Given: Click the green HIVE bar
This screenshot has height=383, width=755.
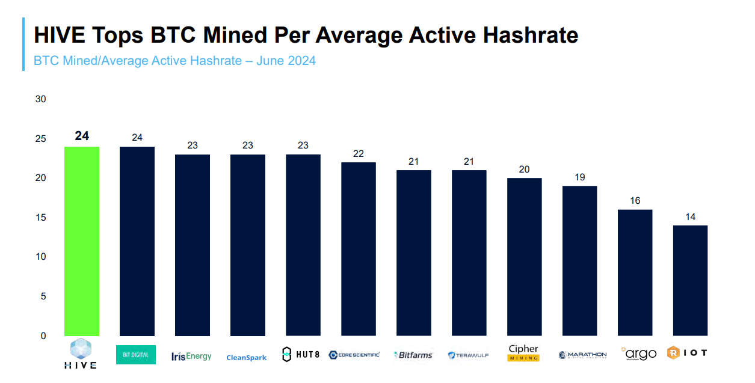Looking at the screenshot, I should (82, 241).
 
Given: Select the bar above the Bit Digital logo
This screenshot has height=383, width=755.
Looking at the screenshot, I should (137, 241).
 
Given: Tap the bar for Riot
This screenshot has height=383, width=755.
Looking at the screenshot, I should (690, 280).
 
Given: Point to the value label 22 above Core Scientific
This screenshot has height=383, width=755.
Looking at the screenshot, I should (359, 153).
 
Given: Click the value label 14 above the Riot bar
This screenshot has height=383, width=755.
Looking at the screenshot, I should (690, 216).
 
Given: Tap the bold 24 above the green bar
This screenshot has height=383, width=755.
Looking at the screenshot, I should (82, 136).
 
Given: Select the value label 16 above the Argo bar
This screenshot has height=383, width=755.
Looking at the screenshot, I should (635, 201).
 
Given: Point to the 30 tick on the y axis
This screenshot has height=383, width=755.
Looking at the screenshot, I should (40, 99).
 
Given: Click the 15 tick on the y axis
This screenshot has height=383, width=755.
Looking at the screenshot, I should (40, 218).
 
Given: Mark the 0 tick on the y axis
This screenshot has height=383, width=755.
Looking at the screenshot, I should (43, 336).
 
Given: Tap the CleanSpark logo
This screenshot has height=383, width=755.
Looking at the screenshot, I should (246, 358).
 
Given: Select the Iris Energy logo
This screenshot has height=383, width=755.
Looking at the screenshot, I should (191, 356).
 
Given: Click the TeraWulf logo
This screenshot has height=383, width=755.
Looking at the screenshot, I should (468, 355).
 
